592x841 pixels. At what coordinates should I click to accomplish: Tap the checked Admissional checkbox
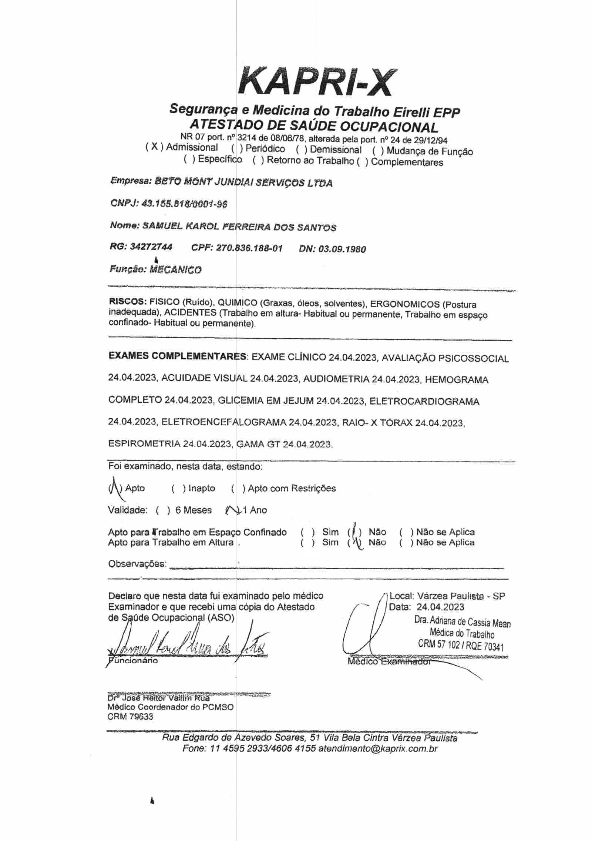tap(155, 147)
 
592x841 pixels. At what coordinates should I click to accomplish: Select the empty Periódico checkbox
tap(236, 149)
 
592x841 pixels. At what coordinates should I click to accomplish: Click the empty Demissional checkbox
tap(300, 150)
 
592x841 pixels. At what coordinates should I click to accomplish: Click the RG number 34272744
tap(151, 247)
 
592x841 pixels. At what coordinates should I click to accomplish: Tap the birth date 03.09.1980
tap(342, 249)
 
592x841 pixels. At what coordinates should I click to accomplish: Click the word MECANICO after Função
tap(175, 270)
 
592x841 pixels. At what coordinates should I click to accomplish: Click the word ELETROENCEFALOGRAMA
tap(223, 422)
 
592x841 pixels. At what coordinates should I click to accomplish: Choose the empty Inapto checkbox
tap(179, 489)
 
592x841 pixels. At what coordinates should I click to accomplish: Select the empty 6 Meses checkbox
tap(163, 510)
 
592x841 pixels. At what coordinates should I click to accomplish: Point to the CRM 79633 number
tap(130, 717)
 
